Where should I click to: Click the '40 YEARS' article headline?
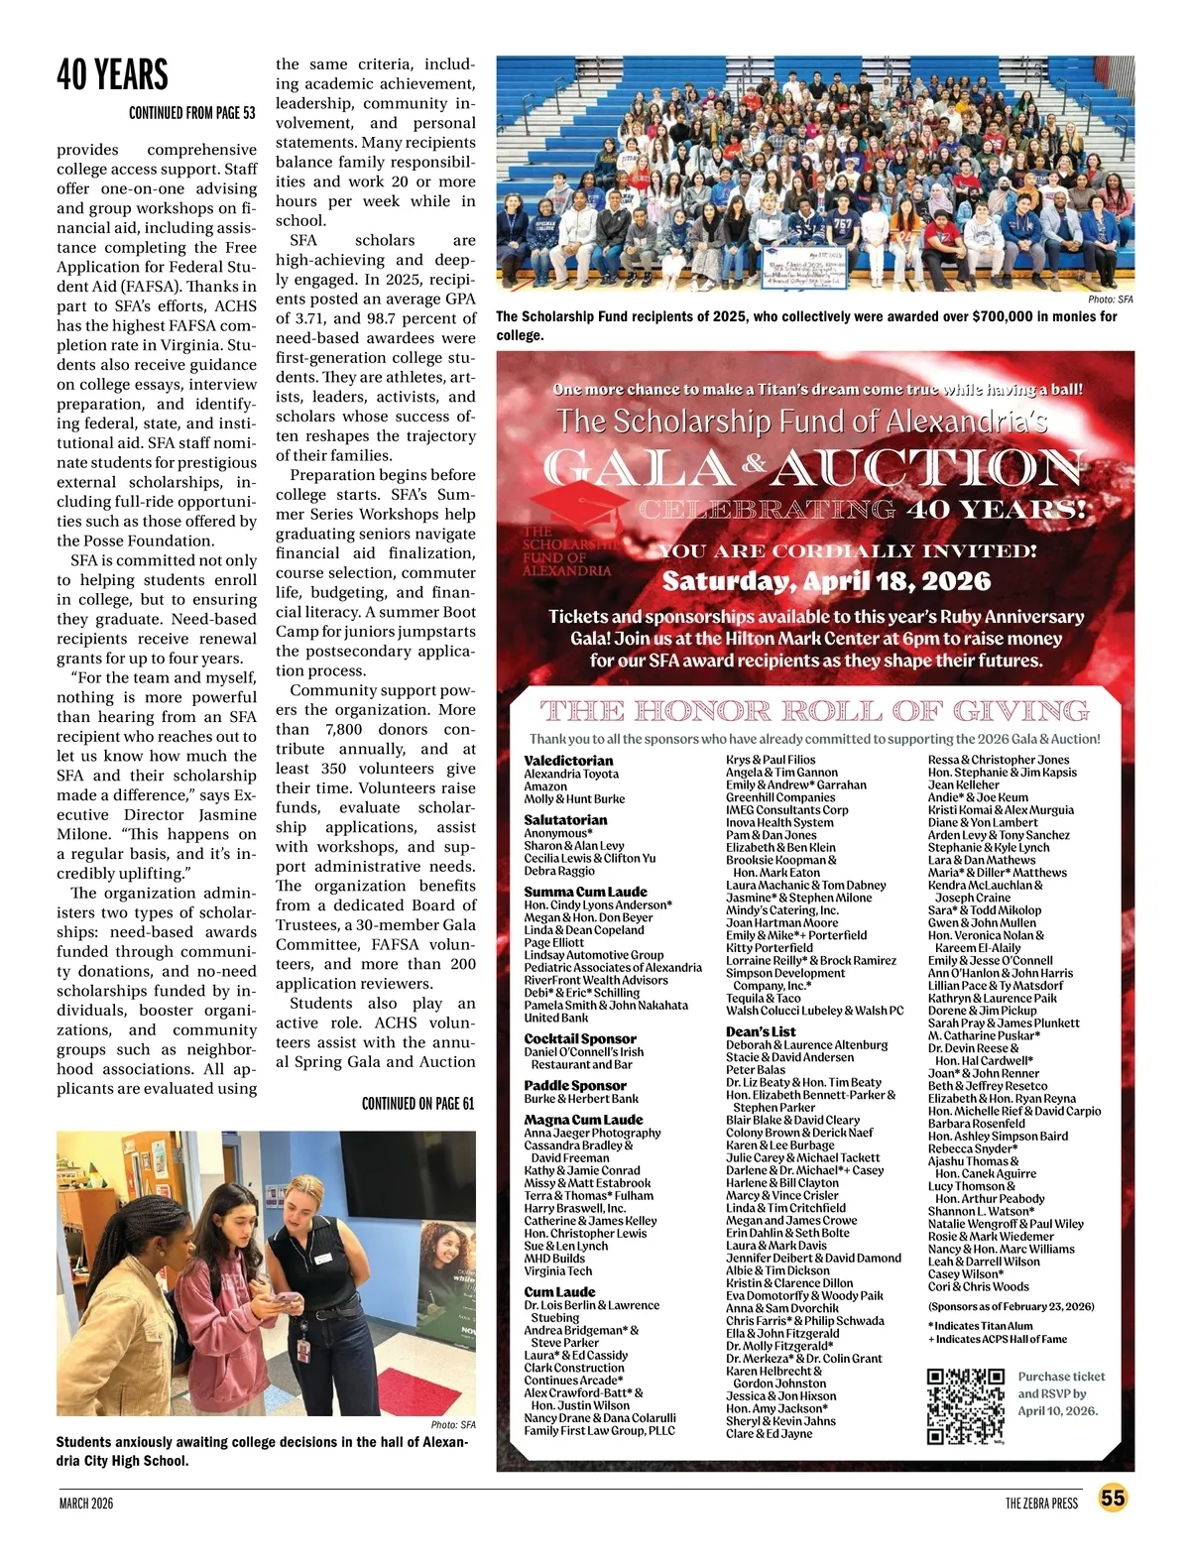(x=112, y=74)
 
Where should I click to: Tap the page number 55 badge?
(x=1114, y=1498)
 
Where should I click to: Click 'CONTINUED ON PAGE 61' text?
(x=417, y=1103)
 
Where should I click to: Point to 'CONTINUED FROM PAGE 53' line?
(x=191, y=113)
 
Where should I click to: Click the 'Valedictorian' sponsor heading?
(x=568, y=761)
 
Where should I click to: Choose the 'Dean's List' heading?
(x=761, y=1031)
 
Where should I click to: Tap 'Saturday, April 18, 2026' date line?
(x=826, y=580)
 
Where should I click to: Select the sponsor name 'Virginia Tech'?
(x=557, y=1270)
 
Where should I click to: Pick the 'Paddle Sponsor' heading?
(x=575, y=1085)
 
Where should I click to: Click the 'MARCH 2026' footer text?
(x=85, y=1503)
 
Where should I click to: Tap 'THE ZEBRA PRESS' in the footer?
(x=1040, y=1503)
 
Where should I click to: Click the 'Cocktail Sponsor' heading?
(x=580, y=1038)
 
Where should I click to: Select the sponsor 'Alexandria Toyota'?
(x=571, y=774)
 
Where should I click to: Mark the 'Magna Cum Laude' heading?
(x=583, y=1120)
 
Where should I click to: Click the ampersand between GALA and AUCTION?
(x=755, y=462)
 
